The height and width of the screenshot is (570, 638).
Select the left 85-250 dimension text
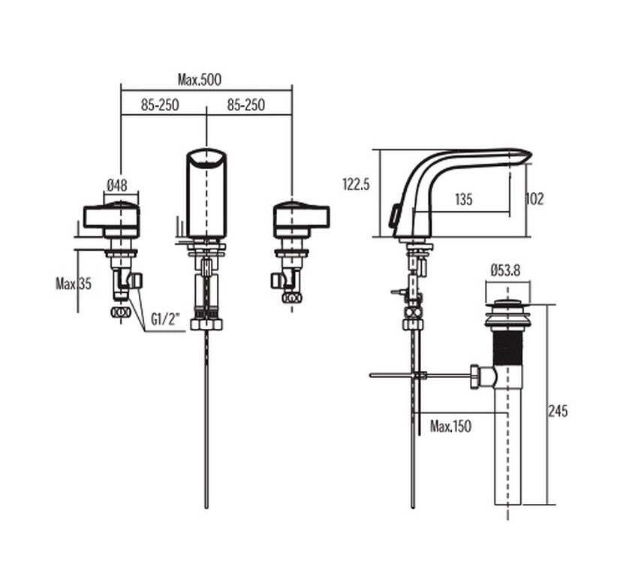coord(159,106)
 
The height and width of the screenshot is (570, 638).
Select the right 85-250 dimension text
coord(246,106)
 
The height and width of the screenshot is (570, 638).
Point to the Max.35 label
coord(74,283)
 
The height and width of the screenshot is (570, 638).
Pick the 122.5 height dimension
coord(356,183)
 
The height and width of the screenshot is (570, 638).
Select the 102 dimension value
coord(534,199)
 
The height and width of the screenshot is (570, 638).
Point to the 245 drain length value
coord(558,411)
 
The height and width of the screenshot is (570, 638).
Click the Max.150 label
coord(450,427)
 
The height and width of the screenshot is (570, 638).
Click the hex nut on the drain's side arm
coord(475,375)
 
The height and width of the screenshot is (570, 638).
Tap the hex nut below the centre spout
coord(206,324)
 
